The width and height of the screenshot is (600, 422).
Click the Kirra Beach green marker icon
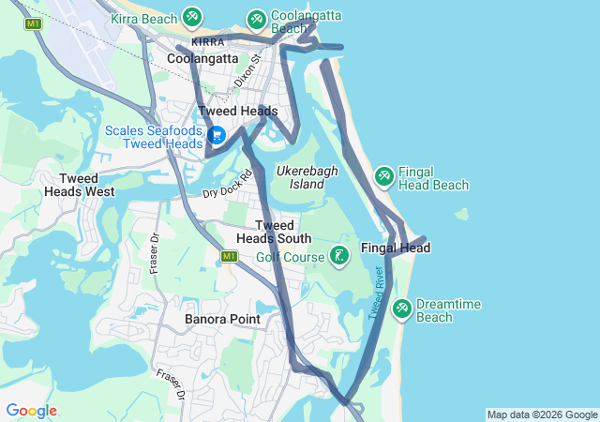[192, 16]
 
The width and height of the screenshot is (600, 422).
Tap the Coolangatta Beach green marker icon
[256, 19]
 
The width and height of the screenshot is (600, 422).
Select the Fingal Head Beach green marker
[383, 175]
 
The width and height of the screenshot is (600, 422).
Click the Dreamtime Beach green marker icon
[401, 308]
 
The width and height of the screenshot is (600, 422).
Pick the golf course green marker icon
[339, 254]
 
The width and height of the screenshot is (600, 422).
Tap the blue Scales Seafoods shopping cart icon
[216, 135]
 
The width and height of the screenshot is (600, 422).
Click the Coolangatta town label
[202, 58]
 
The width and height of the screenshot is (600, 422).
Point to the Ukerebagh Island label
[300, 177]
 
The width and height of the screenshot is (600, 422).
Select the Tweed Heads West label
[80, 185]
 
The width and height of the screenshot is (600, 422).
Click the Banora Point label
[222, 319]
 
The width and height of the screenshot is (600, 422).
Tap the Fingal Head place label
[395, 249]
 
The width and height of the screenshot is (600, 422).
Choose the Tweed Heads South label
[274, 232]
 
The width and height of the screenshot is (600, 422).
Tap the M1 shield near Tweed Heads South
[230, 256]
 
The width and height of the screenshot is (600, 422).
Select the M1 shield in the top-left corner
[34, 23]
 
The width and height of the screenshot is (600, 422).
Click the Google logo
[31, 411]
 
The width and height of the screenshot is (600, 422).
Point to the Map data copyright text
[542, 414]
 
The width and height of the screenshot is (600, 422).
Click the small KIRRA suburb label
[207, 42]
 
